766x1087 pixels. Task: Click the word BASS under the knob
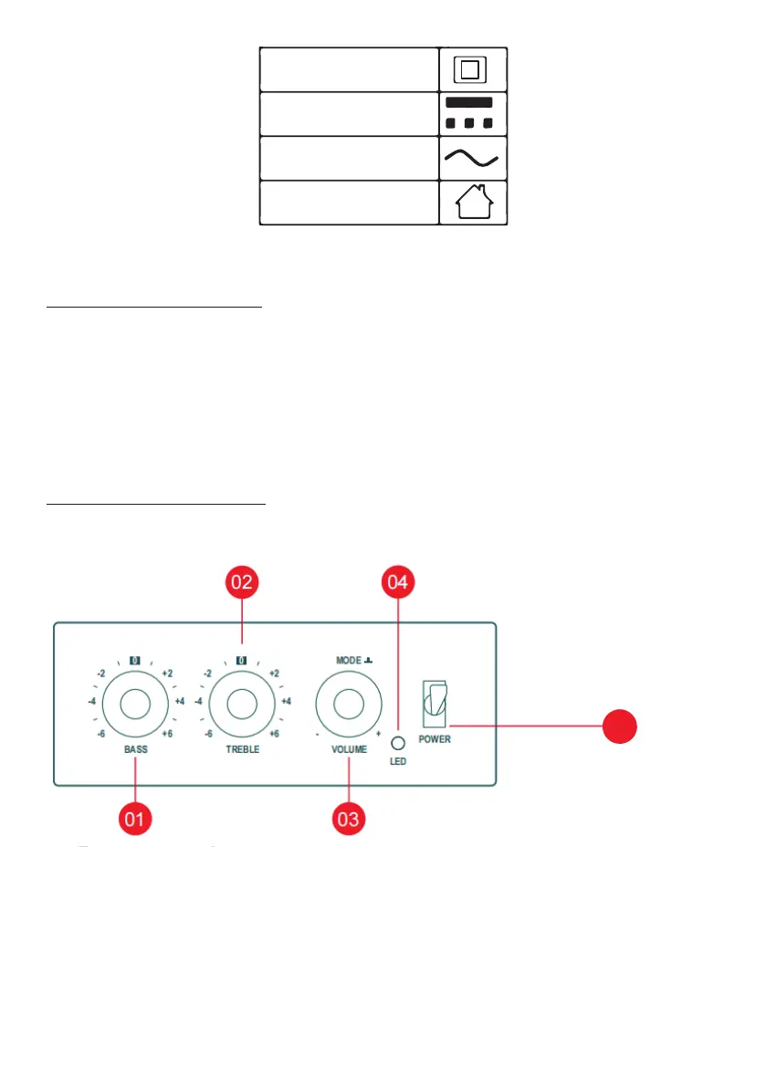click(x=134, y=748)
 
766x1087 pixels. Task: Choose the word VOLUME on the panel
click(x=349, y=748)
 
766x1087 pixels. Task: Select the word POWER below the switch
click(x=435, y=739)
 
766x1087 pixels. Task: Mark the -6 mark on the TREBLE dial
click(x=208, y=734)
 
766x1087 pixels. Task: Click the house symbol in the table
click(x=473, y=203)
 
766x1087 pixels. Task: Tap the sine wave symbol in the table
click(x=473, y=158)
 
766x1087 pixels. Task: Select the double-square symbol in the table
click(x=473, y=69)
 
